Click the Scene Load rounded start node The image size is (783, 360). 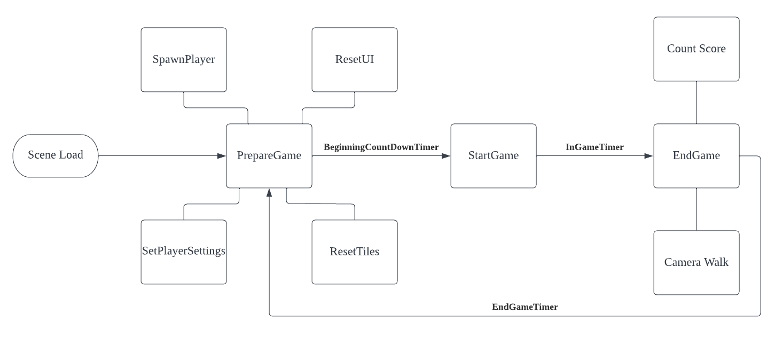pos(56,155)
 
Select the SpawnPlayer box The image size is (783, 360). pos(184,60)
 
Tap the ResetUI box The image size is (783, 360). pos(355,60)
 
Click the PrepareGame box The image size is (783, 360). pos(269,156)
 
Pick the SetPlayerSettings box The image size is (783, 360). pos(184,252)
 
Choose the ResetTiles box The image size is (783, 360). pos(355,252)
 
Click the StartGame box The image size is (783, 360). pos(494,156)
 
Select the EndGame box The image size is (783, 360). pos(696,156)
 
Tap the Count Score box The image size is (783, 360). pos(696,49)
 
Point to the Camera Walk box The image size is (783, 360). pos(696,263)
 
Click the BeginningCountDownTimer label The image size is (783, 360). pos(381,147)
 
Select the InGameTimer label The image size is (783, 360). pos(594,147)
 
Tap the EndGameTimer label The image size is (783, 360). pos(524,307)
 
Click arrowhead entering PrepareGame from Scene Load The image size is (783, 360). pos(222,156)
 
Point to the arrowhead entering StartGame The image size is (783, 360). pos(447,156)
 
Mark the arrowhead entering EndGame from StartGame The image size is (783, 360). pos(649,156)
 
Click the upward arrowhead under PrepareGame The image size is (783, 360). pos(269,193)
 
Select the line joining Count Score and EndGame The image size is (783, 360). pos(696,103)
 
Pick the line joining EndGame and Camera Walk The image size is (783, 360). pos(696,209)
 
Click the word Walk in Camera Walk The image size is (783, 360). pos(716,262)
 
